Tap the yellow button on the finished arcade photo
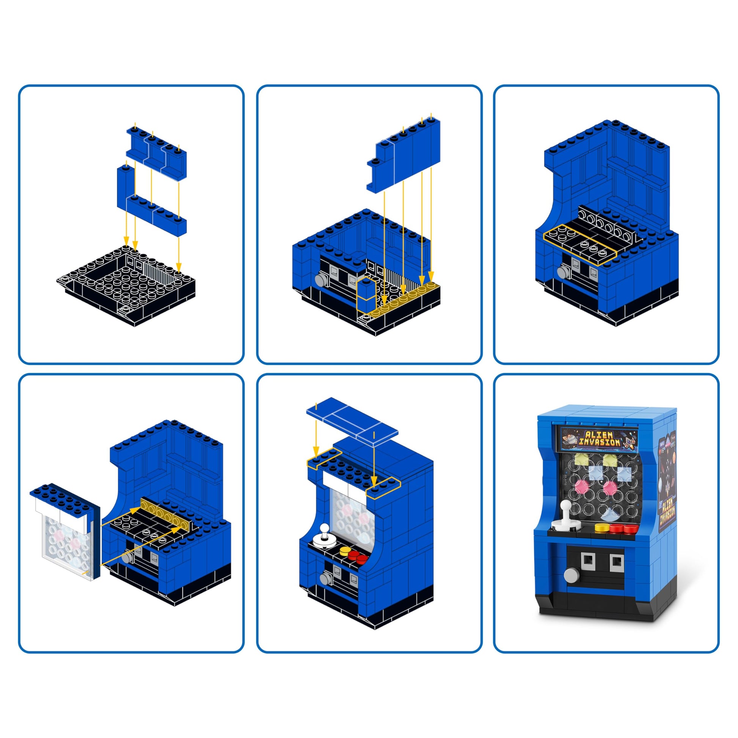click(601, 528)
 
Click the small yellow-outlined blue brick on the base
click(366, 295)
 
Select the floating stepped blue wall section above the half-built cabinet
click(404, 155)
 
